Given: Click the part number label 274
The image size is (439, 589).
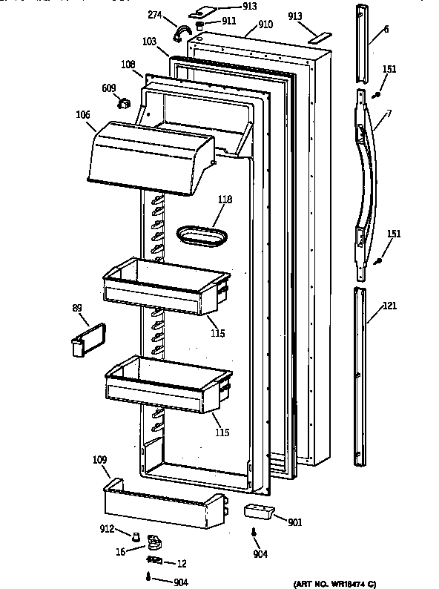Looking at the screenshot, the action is [155, 15].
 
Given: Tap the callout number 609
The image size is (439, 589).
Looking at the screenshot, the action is [109, 88].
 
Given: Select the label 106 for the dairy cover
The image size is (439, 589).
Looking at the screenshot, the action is [83, 114].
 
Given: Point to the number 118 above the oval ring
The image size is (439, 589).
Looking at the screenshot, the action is [225, 199].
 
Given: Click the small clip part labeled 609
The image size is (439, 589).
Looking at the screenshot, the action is [124, 103].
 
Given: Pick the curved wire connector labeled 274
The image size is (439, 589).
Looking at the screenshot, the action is [180, 33].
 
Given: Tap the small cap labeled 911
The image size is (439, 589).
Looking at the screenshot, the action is [199, 26].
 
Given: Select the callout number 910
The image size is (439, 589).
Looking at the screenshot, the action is [265, 24].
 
